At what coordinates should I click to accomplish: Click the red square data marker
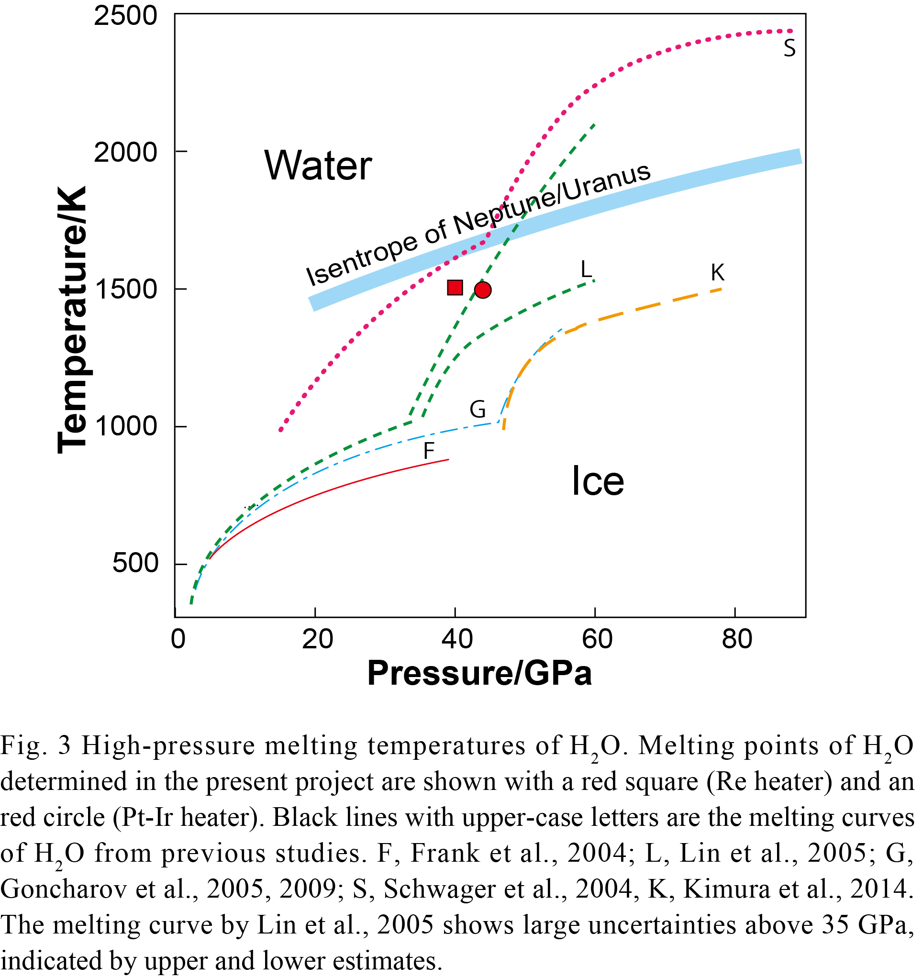(x=455, y=288)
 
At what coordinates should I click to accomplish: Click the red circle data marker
(x=483, y=290)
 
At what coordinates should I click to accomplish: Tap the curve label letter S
(x=789, y=49)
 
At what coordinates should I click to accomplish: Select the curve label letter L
(x=586, y=269)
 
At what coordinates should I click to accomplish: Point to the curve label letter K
(x=718, y=272)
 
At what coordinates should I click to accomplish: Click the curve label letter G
(x=478, y=409)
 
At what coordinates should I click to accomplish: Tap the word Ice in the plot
(x=598, y=481)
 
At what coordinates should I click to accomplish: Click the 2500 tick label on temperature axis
(x=125, y=16)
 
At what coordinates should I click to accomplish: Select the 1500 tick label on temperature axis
(x=125, y=289)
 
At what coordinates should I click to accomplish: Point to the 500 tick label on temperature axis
(x=135, y=563)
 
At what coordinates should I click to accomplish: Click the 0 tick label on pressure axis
(x=178, y=640)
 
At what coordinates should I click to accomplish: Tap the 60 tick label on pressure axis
(x=597, y=640)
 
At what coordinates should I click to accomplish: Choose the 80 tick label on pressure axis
(x=736, y=640)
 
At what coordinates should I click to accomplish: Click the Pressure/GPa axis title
(x=480, y=674)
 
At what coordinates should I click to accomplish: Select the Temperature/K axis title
(x=72, y=320)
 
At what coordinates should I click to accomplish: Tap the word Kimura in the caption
(x=719, y=889)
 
